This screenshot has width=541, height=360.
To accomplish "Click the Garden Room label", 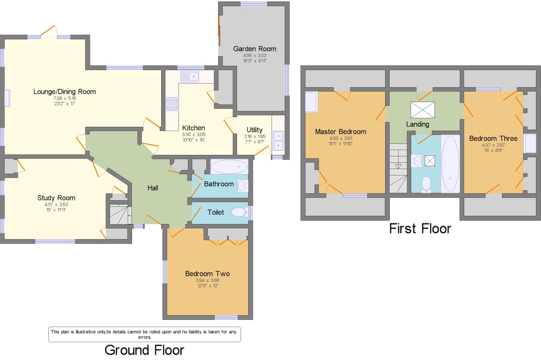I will pos(254,49).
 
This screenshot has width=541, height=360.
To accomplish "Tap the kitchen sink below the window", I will pos(190,77).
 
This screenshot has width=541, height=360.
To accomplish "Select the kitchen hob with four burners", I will pos(172,104).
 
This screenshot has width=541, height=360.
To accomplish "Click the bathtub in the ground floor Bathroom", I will pos(229,167).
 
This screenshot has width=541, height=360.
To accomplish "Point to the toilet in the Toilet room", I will pos(238,212).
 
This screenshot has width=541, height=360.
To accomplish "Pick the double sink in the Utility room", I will pos(278,141).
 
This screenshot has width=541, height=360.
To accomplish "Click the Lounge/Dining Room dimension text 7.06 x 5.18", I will pos(65,98).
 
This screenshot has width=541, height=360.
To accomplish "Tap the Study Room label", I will pos(56,198).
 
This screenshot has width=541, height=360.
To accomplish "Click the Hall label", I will pos(153,188).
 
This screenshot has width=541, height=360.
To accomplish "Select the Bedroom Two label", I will pos(207,274).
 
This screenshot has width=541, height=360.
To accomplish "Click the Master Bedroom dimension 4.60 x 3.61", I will pos(340,138).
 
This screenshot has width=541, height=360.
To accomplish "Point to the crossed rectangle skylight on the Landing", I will pos(423,110).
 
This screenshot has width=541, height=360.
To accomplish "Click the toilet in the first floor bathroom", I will pos(427,183).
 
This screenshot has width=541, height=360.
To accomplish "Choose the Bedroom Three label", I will pos(493,138).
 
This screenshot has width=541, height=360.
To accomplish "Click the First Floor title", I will pos(420,228).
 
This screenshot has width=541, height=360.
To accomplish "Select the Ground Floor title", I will pos(144,350).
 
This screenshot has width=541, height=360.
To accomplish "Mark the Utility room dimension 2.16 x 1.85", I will pos(254,137).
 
